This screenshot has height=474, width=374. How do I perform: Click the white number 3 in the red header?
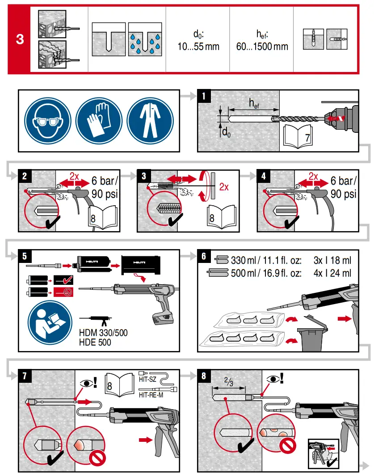[x=20, y=39]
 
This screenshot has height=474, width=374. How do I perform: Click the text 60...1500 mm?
[x=262, y=46]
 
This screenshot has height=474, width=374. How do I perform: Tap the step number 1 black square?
[x=204, y=96]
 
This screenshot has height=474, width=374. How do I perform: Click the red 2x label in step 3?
[x=223, y=188]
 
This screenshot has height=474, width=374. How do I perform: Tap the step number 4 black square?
[x=263, y=176]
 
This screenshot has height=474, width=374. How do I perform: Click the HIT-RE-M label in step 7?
[x=150, y=395]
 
